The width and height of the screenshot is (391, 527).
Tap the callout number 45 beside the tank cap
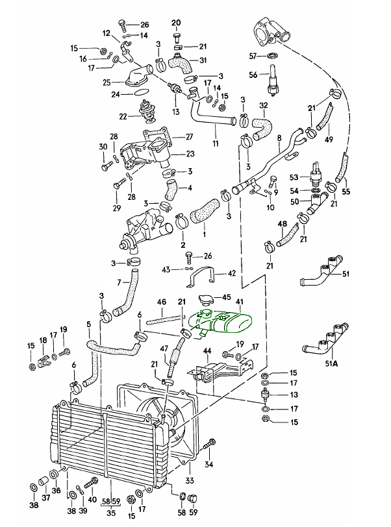(226, 298)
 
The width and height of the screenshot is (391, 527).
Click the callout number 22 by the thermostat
(123, 117)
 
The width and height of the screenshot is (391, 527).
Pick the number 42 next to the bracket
(231, 275)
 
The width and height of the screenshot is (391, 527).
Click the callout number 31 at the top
(203, 60)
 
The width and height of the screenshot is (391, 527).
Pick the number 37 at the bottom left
(45, 498)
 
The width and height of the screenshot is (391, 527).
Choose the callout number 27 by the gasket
(190, 136)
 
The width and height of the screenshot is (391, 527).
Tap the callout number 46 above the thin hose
(162, 302)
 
